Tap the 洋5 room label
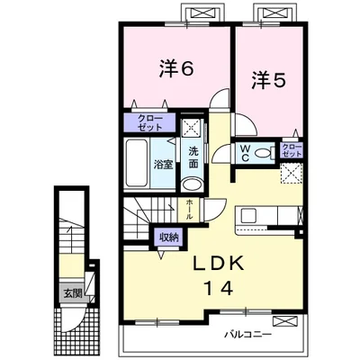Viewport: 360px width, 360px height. [268, 79]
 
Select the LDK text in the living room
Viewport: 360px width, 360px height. [225, 265]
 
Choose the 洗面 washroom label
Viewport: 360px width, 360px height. [193, 157]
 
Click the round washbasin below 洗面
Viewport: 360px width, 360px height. [192, 184]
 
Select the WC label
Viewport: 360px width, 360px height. [244, 154]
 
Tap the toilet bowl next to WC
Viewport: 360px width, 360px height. [263, 154]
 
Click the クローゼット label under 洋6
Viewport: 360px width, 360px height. [144, 123]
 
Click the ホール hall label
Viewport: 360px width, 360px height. [190, 210]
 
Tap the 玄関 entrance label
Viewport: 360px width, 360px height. [70, 292]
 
